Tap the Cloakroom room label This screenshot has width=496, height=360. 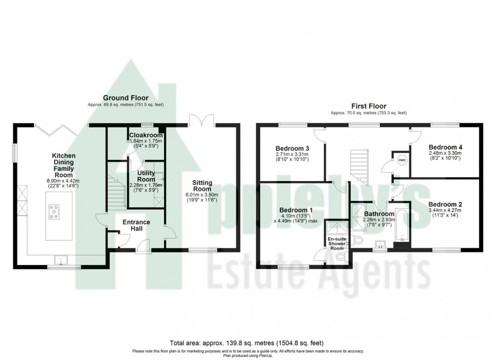click(146, 136)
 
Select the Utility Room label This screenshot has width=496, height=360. click(146, 176)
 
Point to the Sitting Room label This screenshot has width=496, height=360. click(202, 186)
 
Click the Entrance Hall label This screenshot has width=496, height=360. click(137, 226)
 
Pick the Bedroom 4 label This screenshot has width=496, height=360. click(445, 147)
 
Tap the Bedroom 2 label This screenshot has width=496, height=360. click(445, 205)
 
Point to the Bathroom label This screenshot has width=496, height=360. click(379, 214)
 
